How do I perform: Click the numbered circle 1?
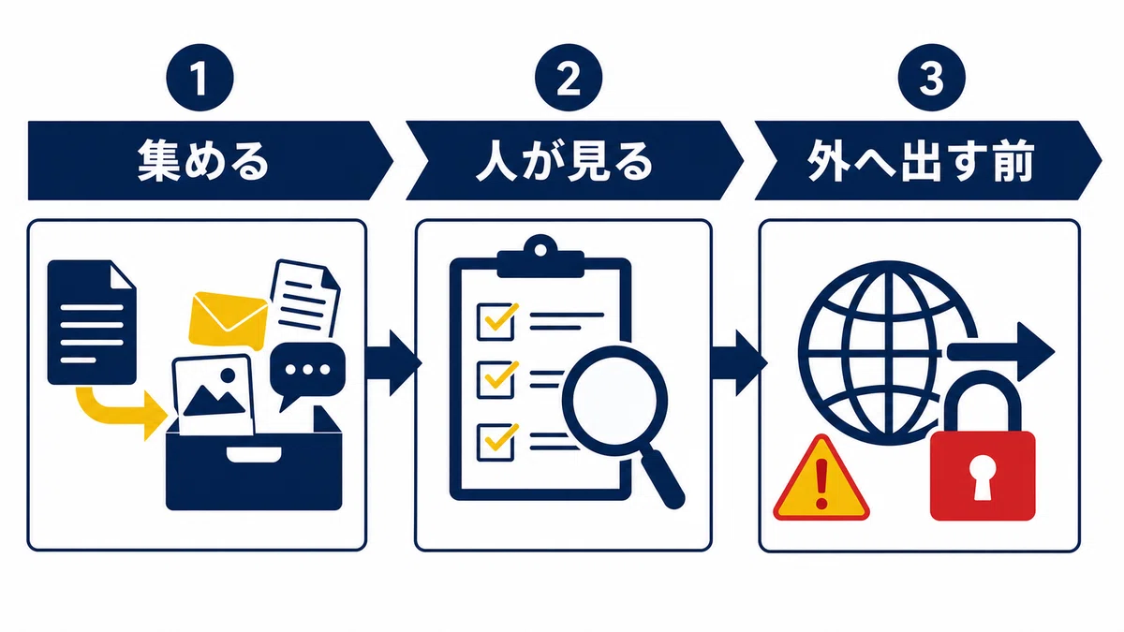tap(200, 78)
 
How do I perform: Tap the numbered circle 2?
tap(569, 78)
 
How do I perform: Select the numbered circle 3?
tap(932, 78)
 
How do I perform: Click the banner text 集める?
tap(203, 160)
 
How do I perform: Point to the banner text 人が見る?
tap(565, 160)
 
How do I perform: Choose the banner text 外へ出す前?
tap(921, 160)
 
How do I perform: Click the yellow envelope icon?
tap(228, 320)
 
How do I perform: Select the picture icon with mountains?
tap(213, 394)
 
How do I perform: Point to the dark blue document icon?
tap(92, 322)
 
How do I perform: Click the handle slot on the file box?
tap(254, 454)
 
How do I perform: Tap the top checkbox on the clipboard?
tap(495, 321)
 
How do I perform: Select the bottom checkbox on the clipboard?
tap(495, 441)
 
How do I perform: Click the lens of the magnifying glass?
tap(614, 401)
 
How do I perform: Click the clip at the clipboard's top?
tap(540, 257)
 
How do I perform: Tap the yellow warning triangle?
tap(821, 478)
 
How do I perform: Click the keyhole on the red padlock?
tap(982, 478)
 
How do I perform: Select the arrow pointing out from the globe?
tap(1001, 352)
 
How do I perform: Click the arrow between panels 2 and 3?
tap(739, 363)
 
